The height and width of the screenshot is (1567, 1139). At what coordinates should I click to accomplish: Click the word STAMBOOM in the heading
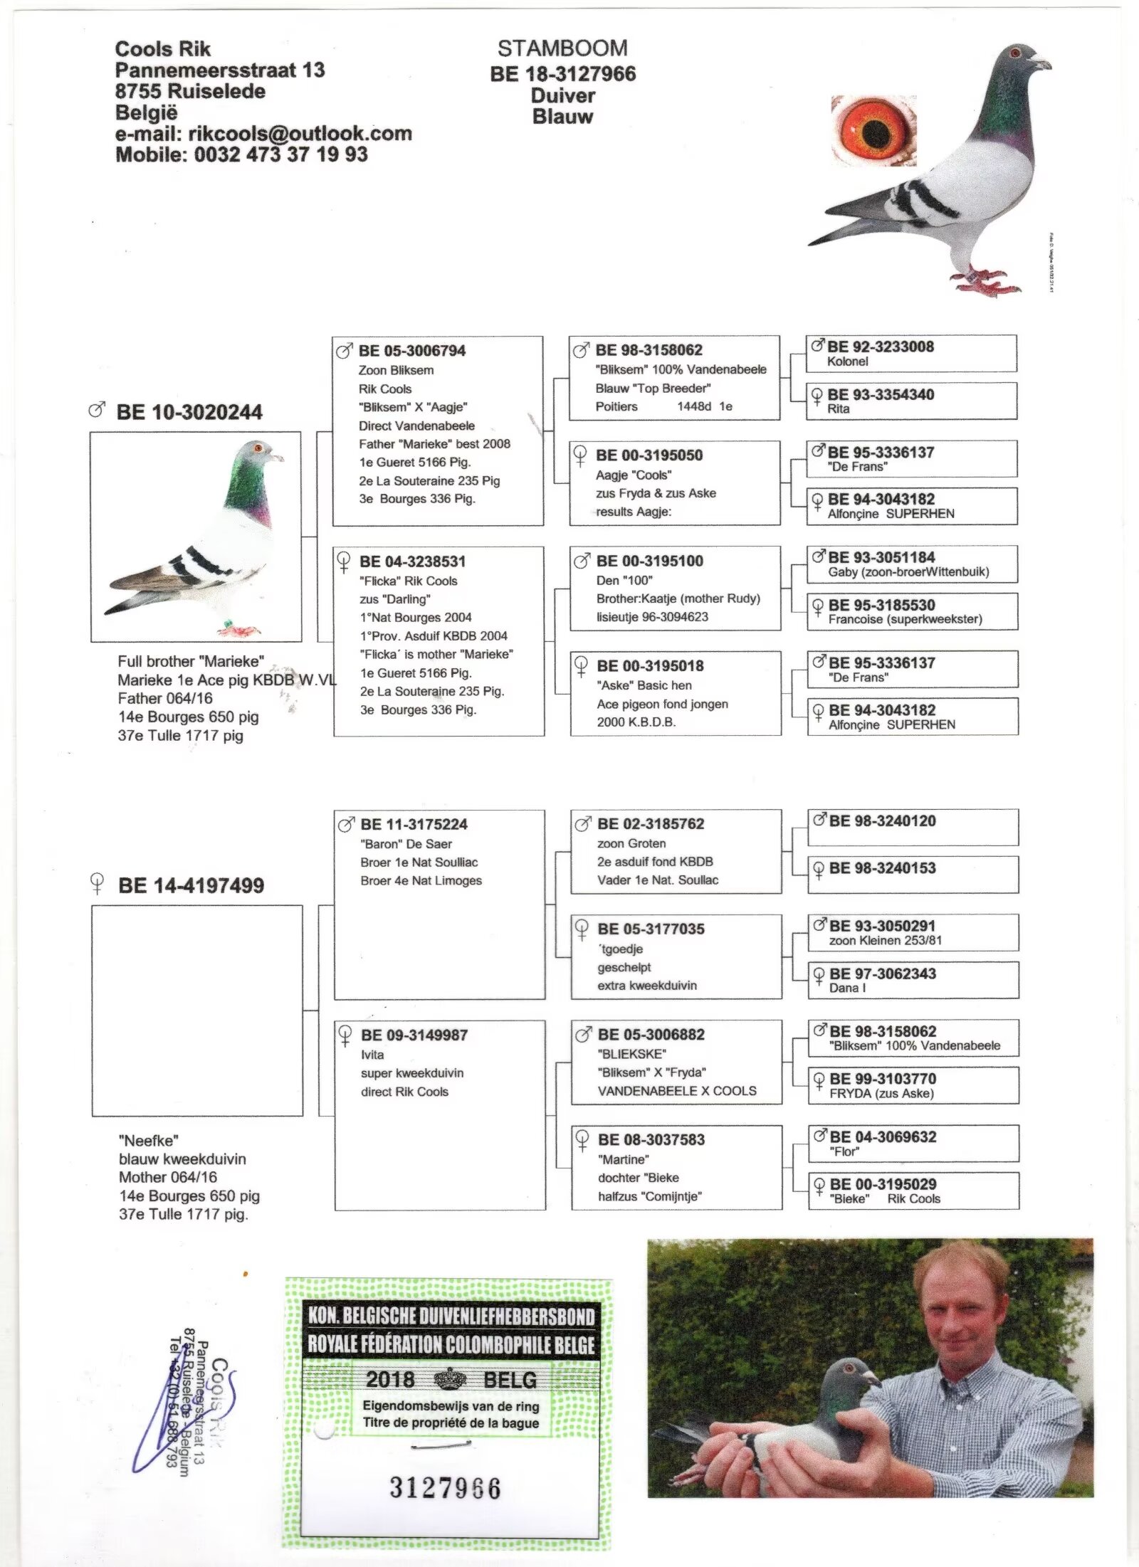(x=562, y=48)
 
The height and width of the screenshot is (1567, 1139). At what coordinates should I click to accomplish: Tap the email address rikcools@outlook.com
(x=300, y=134)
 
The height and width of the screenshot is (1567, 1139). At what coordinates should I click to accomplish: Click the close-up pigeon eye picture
(x=873, y=131)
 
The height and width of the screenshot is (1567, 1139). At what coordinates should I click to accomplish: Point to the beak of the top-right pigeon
(x=1043, y=64)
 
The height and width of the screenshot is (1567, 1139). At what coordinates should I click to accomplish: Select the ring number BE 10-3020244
(x=189, y=412)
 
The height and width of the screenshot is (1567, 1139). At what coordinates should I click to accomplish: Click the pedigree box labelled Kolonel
(x=911, y=354)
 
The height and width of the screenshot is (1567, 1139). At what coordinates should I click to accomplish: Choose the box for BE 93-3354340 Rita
(x=911, y=401)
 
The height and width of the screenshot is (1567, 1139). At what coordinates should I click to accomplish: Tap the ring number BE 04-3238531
(x=413, y=561)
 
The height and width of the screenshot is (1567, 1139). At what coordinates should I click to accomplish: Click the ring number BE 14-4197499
(x=191, y=885)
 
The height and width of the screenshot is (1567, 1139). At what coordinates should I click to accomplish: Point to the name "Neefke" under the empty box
(x=149, y=1140)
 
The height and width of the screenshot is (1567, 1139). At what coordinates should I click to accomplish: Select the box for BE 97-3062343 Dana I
(x=913, y=980)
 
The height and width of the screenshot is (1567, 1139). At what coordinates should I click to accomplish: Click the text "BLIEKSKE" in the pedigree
(x=632, y=1053)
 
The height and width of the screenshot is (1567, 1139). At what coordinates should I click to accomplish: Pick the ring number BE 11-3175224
(x=414, y=824)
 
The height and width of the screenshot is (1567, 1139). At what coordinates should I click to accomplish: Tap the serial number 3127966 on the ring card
(x=445, y=1487)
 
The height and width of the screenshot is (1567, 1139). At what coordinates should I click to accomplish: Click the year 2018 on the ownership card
(x=390, y=1379)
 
